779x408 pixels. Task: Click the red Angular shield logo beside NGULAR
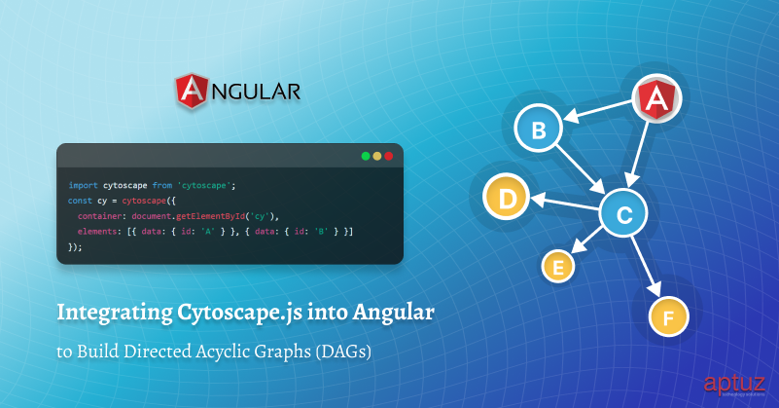tap(192, 92)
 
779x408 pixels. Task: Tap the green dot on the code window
tap(366, 156)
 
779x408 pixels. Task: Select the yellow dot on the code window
tap(377, 156)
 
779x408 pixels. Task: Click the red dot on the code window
tap(388, 156)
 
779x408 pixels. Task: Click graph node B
tap(539, 129)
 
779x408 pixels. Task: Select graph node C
tap(623, 213)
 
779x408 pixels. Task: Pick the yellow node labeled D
tap(507, 198)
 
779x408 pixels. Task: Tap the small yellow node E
tap(558, 266)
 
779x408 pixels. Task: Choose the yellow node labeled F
tap(669, 316)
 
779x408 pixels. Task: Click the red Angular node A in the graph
tap(656, 98)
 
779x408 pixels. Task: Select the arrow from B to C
tap(580, 169)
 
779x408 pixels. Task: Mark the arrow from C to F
tap(647, 267)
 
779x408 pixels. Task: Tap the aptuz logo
tap(734, 385)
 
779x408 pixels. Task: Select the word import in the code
tap(83, 186)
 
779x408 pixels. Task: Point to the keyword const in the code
tap(80, 201)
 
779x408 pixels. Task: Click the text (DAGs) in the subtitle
tap(343, 352)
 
